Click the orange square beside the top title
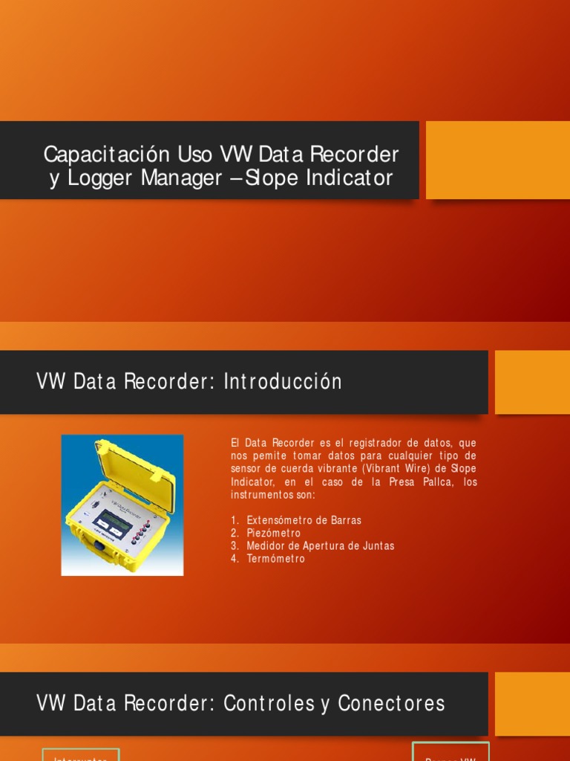pos(497,160)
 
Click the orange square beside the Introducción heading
pos(531,382)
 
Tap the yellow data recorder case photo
pos(122,505)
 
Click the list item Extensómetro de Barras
pos(304,520)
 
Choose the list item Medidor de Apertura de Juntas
pos(320,545)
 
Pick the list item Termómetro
pos(275,559)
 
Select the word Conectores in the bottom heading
pos(391,703)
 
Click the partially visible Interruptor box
pos(81,754)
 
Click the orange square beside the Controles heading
pos(531,703)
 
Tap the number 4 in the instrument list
pos(235,559)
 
